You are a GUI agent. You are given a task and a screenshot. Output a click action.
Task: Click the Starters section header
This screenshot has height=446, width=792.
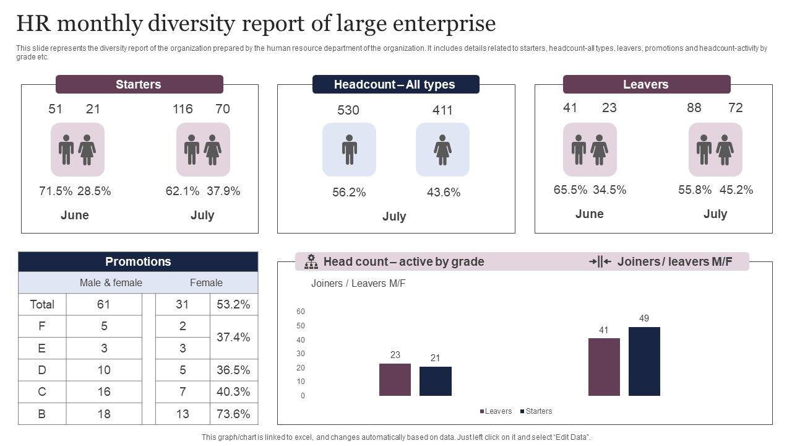click(x=139, y=84)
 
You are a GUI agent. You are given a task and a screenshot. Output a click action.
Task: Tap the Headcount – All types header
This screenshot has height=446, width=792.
click(x=395, y=84)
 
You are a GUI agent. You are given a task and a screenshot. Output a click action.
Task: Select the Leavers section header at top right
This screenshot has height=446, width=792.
click(x=646, y=84)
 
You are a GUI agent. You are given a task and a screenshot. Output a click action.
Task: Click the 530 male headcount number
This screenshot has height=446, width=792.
click(x=348, y=110)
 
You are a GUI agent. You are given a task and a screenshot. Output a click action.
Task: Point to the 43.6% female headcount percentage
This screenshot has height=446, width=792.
click(x=444, y=193)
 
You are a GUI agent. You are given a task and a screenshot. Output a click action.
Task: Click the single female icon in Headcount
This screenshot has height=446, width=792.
click(x=442, y=150)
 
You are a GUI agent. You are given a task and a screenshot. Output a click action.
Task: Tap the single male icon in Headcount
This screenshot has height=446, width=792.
click(x=349, y=150)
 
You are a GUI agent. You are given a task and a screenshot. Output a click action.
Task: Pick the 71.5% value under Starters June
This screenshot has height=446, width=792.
click(x=56, y=191)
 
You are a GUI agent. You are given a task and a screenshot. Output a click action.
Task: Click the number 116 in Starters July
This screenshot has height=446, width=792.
click(x=183, y=109)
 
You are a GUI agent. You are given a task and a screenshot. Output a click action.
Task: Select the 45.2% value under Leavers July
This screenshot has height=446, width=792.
click(x=736, y=190)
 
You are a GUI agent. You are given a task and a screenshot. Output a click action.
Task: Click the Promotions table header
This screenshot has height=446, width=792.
click(x=138, y=261)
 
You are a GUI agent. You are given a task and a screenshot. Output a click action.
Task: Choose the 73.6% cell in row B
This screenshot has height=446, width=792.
click(x=234, y=414)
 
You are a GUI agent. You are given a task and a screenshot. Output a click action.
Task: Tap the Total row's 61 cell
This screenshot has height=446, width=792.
click(x=103, y=304)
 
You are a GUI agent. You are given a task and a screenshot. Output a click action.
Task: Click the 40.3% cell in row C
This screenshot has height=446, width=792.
click(x=234, y=391)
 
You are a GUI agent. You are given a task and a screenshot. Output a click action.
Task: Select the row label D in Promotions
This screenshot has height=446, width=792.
click(x=42, y=370)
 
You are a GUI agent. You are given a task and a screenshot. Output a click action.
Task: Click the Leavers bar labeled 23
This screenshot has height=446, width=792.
click(x=395, y=379)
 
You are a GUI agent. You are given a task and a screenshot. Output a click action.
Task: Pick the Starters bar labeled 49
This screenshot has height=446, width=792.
click(x=644, y=361)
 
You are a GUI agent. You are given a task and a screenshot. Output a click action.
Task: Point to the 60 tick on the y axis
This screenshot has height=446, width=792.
click(x=301, y=312)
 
